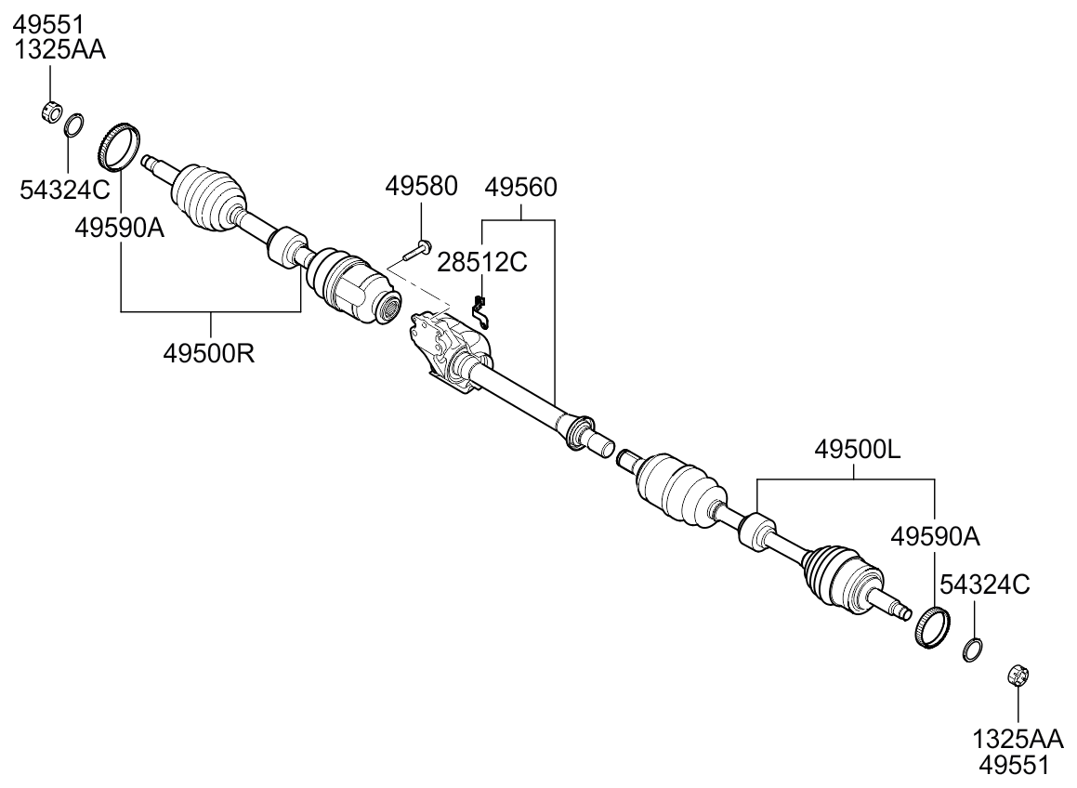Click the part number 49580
[x=421, y=188]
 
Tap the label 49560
[x=521, y=188]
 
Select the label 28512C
[x=482, y=263]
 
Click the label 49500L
[x=857, y=451]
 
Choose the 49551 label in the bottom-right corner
[x=1016, y=765]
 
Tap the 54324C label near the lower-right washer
[x=984, y=584]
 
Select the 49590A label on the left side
[x=120, y=228]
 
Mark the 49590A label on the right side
[x=934, y=536]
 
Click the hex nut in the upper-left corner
[x=52, y=113]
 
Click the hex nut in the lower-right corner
[x=1016, y=676]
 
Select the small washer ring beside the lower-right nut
[x=972, y=650]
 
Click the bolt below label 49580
[x=416, y=249]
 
